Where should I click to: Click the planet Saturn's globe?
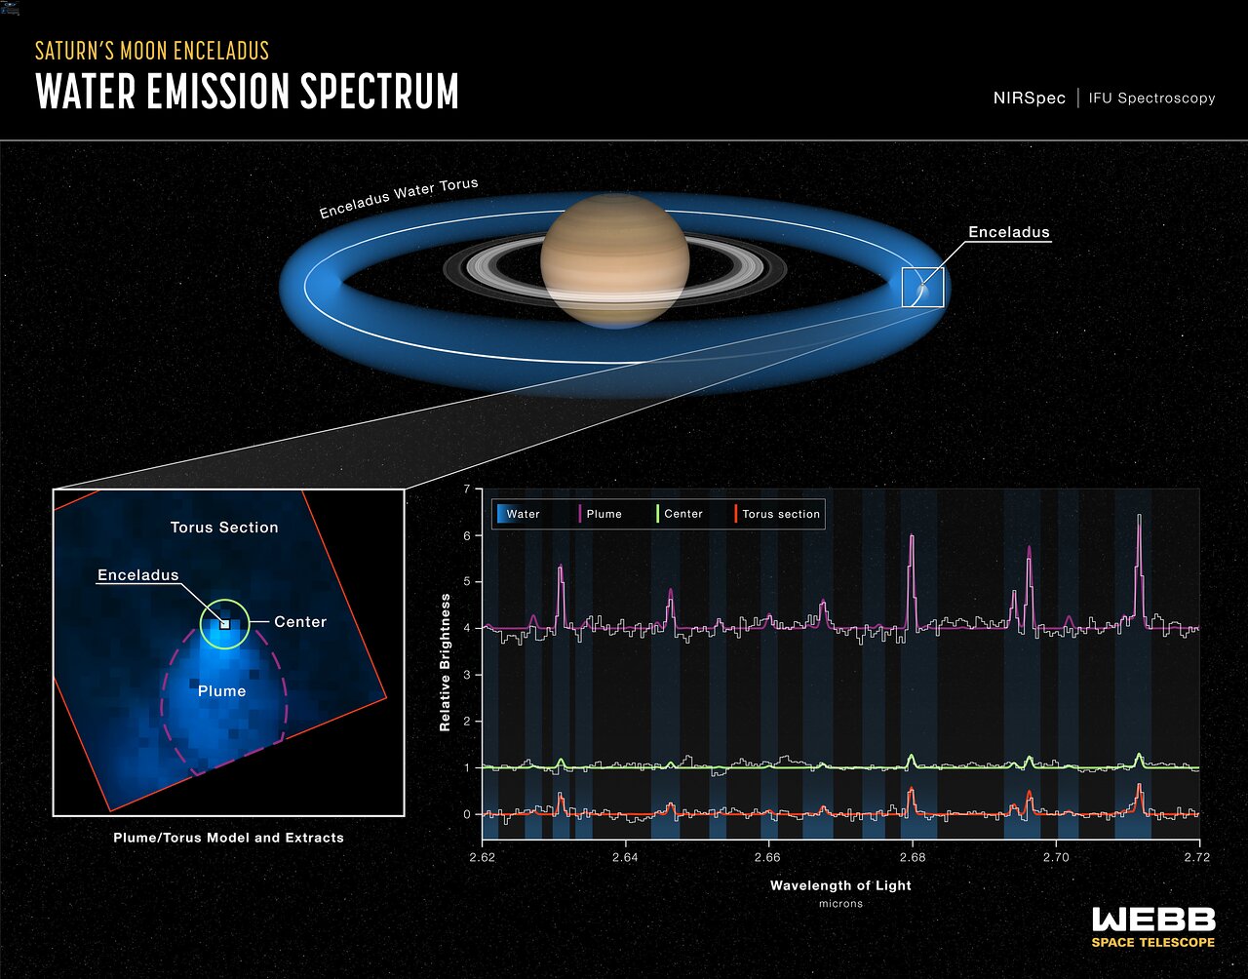point(614,259)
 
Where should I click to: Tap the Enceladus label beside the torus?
point(1008,232)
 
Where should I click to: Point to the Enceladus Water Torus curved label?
point(399,198)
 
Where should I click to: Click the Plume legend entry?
point(603,514)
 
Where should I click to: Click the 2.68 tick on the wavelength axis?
point(913,857)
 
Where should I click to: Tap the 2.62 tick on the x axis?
point(483,857)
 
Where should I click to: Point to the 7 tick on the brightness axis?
point(467,489)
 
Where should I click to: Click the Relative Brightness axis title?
point(445,662)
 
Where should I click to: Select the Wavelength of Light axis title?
point(840,885)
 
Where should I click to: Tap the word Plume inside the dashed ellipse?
point(222,690)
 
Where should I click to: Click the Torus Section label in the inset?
point(224,528)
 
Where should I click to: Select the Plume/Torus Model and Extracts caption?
point(228,837)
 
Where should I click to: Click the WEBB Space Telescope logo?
point(1153,926)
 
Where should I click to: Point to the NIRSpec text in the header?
point(1029,98)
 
